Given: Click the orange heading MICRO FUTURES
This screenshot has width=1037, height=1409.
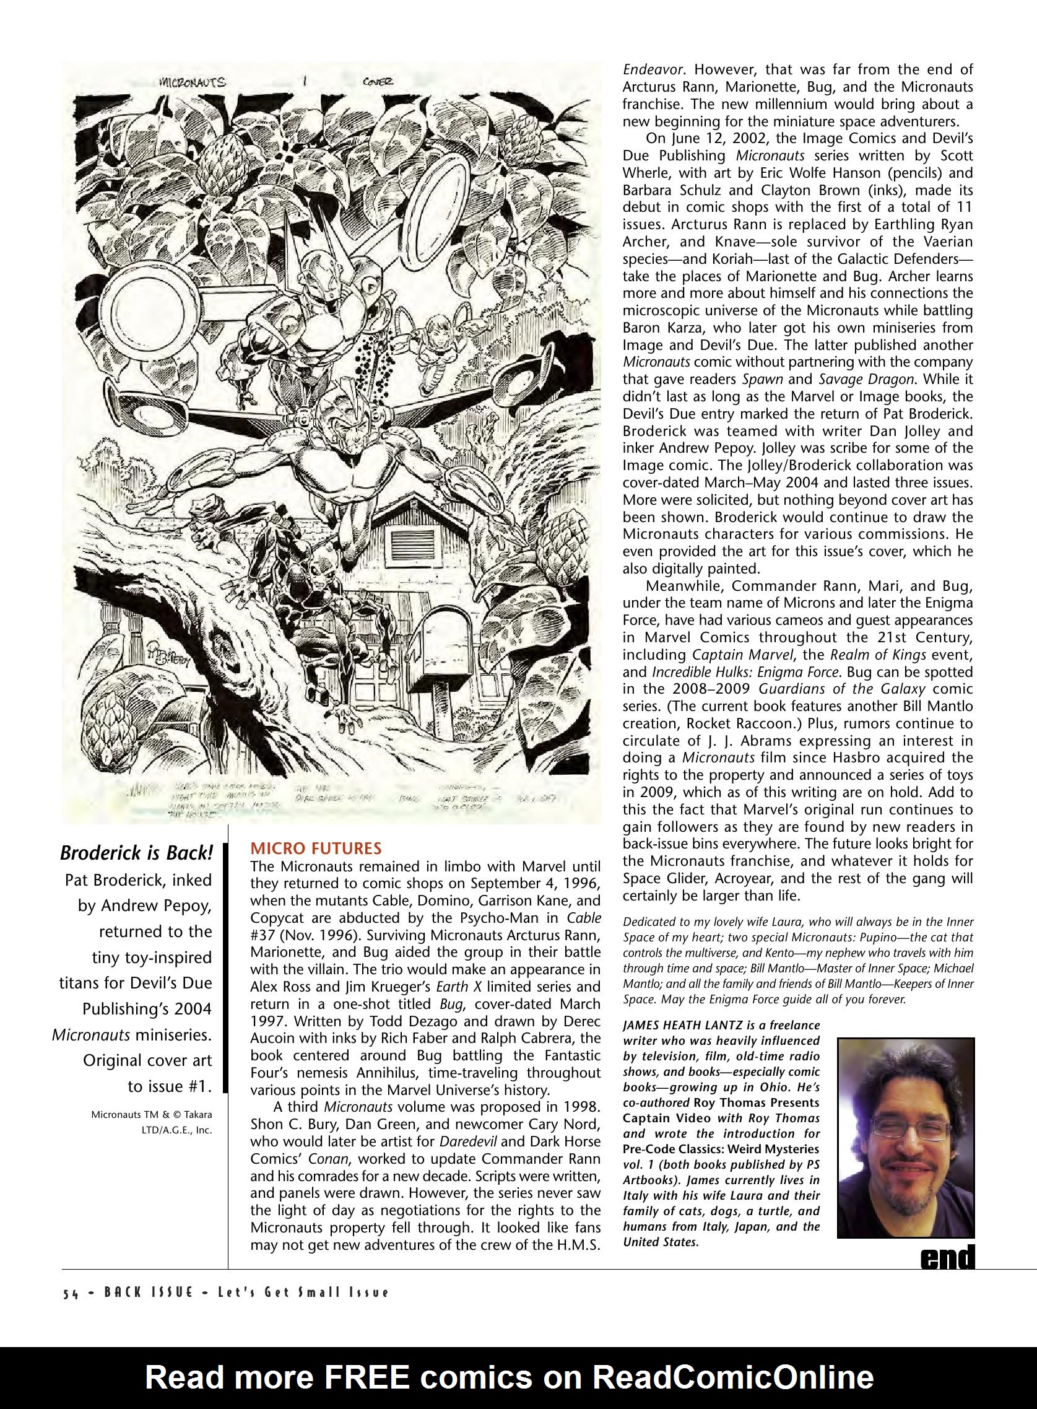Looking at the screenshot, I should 316,848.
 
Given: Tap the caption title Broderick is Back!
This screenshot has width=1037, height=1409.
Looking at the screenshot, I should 136,853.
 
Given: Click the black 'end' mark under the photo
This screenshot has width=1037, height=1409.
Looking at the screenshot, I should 947,1257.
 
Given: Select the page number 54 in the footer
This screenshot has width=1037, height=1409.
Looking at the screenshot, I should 70,1293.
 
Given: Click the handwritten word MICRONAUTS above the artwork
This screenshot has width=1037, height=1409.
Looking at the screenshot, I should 192,82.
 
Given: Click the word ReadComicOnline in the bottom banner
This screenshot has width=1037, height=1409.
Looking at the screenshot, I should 733,1377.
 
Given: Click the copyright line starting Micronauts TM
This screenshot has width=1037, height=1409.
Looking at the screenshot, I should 150,1115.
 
